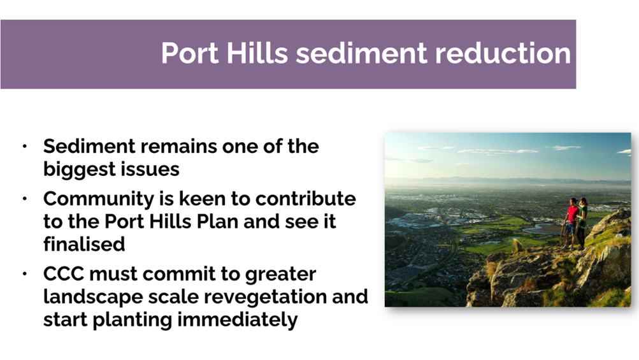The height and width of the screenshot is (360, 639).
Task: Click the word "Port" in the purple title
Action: point(190,53)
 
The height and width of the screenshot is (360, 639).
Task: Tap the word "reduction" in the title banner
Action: point(503,53)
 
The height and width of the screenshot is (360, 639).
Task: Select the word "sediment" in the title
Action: point(361,53)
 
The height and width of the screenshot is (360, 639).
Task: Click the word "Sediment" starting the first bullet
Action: point(89,146)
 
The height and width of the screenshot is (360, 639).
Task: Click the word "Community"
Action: point(99,199)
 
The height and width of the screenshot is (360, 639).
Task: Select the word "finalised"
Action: point(84,244)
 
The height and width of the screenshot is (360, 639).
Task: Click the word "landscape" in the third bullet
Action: point(93,297)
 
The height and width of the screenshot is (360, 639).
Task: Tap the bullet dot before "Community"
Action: point(25,199)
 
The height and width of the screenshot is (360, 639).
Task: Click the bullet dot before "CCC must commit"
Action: point(25,274)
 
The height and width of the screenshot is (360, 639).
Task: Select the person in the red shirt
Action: point(571,224)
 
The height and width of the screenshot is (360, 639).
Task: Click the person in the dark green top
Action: point(582,223)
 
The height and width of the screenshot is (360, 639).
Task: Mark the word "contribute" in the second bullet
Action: point(305,199)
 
